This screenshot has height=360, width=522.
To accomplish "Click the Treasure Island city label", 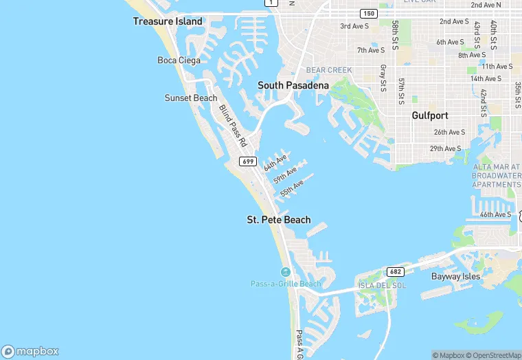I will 168,21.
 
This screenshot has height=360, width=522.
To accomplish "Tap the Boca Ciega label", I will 179,60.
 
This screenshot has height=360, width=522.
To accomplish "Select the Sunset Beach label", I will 191,98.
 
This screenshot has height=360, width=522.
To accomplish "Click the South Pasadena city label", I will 293,85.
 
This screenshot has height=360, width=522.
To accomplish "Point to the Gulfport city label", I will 430,115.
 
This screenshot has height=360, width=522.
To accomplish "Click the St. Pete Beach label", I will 278,220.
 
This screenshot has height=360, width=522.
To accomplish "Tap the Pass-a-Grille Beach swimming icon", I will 286,273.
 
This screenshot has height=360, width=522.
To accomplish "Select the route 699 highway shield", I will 249,161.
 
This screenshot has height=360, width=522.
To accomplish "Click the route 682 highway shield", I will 395,271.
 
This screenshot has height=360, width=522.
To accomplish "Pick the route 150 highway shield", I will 369,14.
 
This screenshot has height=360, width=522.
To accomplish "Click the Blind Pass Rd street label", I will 232,126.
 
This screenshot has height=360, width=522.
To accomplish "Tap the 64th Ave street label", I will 275,163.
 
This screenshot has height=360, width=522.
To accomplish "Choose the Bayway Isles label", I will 455,276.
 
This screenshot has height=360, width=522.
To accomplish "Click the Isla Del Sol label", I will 378,285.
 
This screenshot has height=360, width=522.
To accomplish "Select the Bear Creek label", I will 329,70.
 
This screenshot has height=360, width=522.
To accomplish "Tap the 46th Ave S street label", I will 495,214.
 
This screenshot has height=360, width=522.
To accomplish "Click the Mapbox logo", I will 30,350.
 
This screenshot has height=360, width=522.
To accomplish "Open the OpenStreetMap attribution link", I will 494,355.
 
